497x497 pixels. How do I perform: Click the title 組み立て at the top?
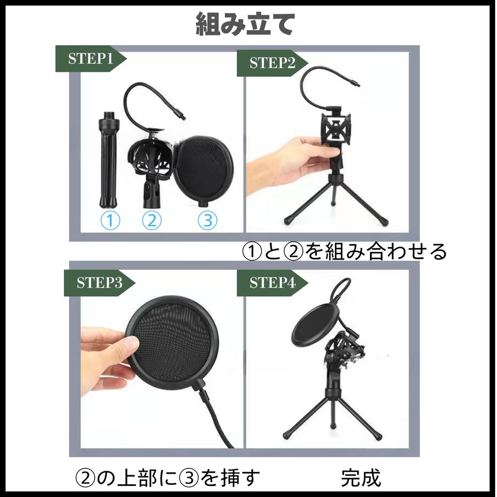pyautogui.click(x=245, y=24)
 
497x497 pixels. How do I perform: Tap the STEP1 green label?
pyautogui.click(x=90, y=59)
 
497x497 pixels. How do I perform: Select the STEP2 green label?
pyautogui.click(x=271, y=63)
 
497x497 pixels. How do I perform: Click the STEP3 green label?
pyautogui.click(x=99, y=282)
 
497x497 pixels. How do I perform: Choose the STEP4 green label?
pyautogui.click(x=271, y=282)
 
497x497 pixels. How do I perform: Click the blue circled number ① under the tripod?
pyautogui.click(x=110, y=221)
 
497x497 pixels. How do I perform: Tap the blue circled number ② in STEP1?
pyautogui.click(x=151, y=221)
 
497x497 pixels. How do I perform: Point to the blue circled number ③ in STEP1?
pyautogui.click(x=207, y=221)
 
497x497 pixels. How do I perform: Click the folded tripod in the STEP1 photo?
pyautogui.click(x=108, y=160)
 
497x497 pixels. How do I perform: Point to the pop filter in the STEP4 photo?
pyautogui.click(x=313, y=323)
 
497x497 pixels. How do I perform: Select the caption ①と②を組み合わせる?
pyautogui.click(x=344, y=252)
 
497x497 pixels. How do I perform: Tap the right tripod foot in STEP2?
pyautogui.click(x=384, y=222)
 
